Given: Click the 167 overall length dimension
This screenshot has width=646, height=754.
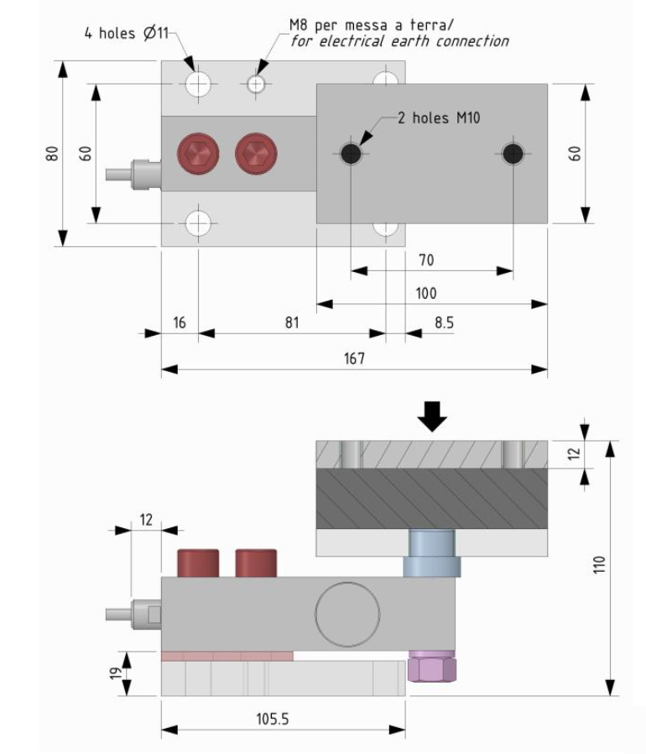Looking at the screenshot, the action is point(354,359).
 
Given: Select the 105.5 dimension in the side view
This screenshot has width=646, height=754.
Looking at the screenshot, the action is point(273,719).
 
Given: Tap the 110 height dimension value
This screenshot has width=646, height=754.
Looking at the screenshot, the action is point(599,564).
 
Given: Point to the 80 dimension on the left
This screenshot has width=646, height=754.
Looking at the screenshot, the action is point(52,154).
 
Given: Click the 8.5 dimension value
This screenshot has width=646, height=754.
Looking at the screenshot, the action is point(444,322).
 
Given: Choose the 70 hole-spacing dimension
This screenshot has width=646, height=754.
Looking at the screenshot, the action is point(426,260).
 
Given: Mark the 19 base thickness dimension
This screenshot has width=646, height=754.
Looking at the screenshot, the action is point(116,673).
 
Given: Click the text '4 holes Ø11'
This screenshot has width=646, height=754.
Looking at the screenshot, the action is point(127,34).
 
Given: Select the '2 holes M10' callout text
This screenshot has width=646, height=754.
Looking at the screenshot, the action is point(439,118).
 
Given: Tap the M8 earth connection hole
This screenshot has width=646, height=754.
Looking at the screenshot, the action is point(256,84).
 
